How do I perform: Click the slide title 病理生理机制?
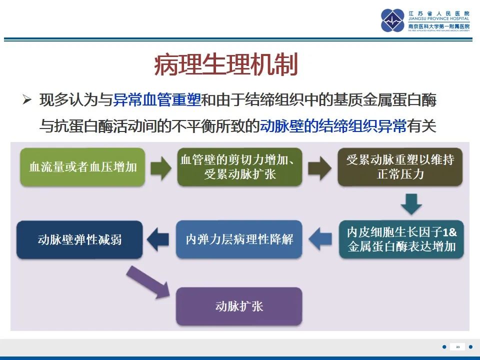(225, 65)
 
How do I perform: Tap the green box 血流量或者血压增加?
(83, 167)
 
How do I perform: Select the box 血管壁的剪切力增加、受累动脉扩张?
(239, 167)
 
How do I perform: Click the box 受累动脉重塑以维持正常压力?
(400, 167)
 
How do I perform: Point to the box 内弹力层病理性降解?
(239, 239)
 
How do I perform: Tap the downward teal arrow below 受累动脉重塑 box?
(411, 203)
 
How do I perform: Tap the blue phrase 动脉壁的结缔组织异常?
(333, 125)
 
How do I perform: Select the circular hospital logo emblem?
(392, 20)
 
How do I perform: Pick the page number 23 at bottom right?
(457, 346)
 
